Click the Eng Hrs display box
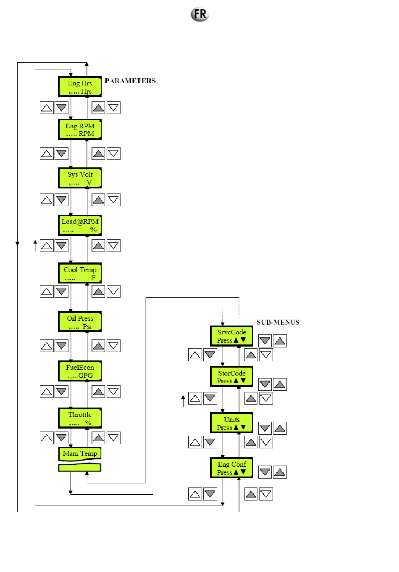80,87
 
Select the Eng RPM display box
80,130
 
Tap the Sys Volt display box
80,178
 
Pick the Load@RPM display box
80,225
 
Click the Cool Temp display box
80,273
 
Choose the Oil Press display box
80,322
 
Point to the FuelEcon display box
80,371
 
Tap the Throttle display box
80,418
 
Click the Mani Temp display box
80,454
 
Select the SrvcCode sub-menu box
232,336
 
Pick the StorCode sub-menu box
232,377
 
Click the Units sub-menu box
232,423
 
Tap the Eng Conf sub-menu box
232,468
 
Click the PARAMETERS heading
130,81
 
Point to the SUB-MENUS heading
278,322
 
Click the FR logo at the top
200,14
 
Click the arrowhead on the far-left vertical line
17,244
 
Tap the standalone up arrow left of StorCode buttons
183,401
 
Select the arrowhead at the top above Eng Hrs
87,64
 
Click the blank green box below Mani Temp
80,467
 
